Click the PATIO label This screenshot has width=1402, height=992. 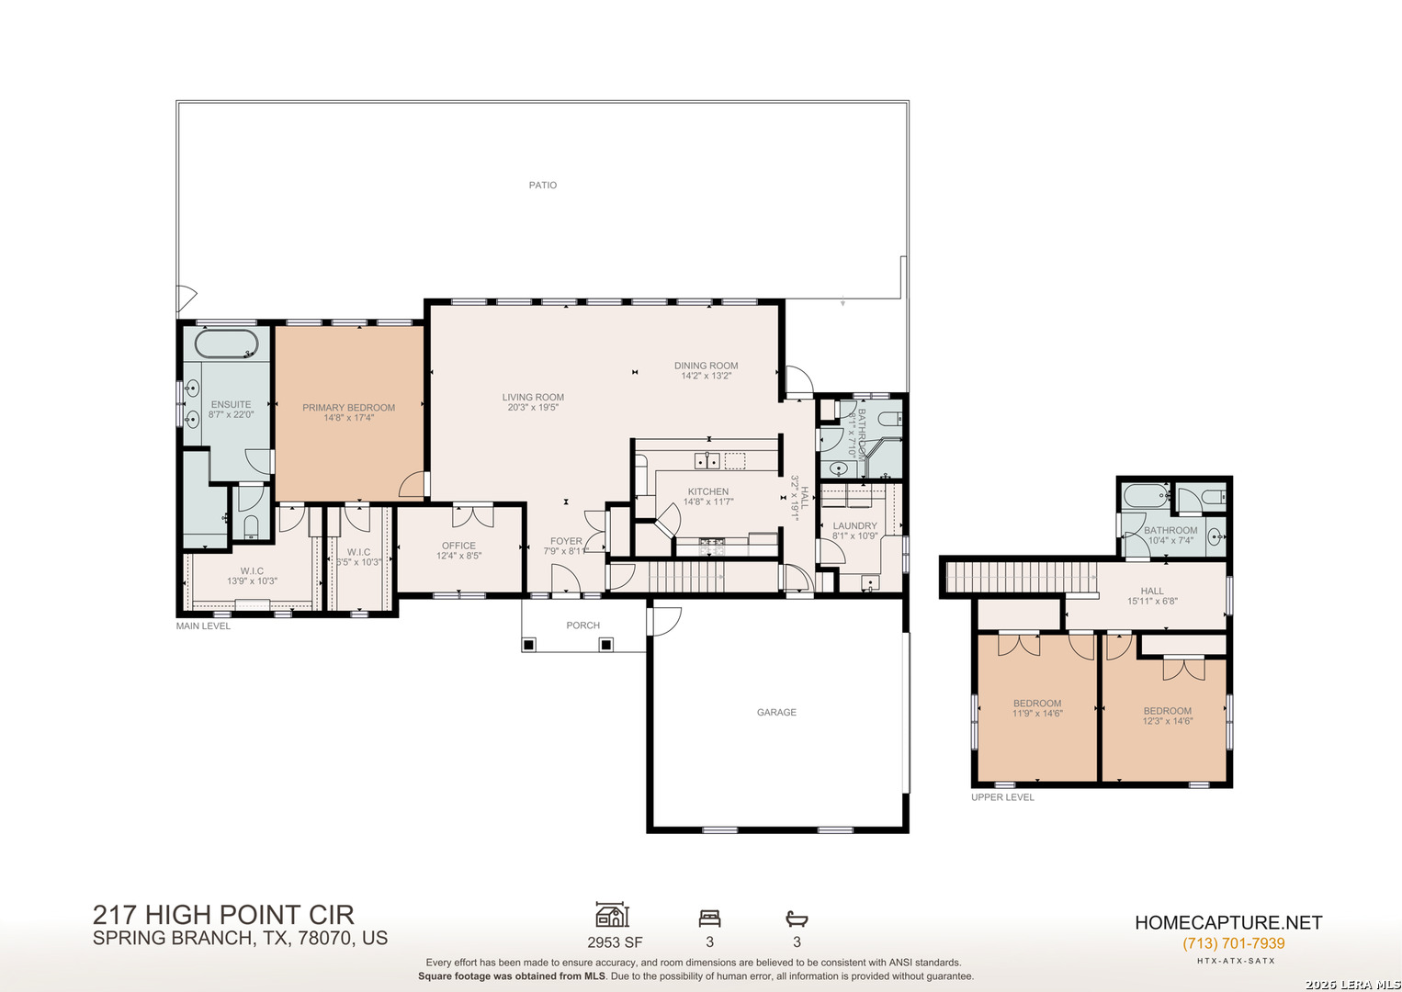[542, 186]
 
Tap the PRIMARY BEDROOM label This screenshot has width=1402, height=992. [348, 408]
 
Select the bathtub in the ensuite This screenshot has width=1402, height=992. [226, 344]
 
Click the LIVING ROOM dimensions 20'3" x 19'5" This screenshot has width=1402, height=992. [533, 408]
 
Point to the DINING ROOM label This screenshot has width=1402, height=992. [706, 366]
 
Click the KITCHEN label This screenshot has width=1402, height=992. [707, 491]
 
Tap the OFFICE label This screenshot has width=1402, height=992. [458, 546]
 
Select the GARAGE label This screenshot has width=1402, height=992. [776, 713]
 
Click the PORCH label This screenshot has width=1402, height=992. [582, 626]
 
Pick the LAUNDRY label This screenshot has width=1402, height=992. [854, 526]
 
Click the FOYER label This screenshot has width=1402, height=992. [566, 541]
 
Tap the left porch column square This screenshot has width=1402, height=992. [528, 645]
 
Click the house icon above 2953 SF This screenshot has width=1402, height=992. [612, 915]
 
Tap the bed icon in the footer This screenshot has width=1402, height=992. [709, 918]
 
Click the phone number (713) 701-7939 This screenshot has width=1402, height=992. [1233, 943]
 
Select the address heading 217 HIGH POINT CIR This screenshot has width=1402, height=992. [223, 915]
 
